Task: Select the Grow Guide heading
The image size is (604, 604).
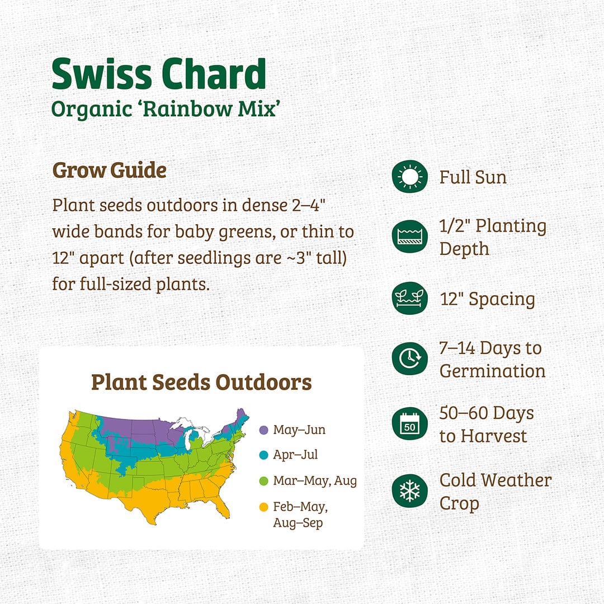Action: [109, 171]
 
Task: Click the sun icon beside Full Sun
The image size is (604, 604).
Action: [409, 177]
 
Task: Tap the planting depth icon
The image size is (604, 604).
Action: [409, 237]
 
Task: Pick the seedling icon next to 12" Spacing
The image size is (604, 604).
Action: [409, 299]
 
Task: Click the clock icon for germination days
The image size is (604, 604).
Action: [409, 358]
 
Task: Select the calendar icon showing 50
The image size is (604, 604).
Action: [409, 424]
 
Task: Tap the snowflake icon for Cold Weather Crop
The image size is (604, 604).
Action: [409, 490]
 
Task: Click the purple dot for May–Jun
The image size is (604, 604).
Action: [263, 430]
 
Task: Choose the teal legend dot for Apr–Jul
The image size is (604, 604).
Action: [263, 455]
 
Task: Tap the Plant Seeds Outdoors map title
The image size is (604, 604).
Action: [201, 383]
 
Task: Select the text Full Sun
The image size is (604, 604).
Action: [473, 177]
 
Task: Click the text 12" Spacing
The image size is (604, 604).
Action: [487, 299]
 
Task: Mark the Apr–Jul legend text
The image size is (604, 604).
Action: [295, 455]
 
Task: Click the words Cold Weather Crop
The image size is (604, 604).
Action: [495, 491]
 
